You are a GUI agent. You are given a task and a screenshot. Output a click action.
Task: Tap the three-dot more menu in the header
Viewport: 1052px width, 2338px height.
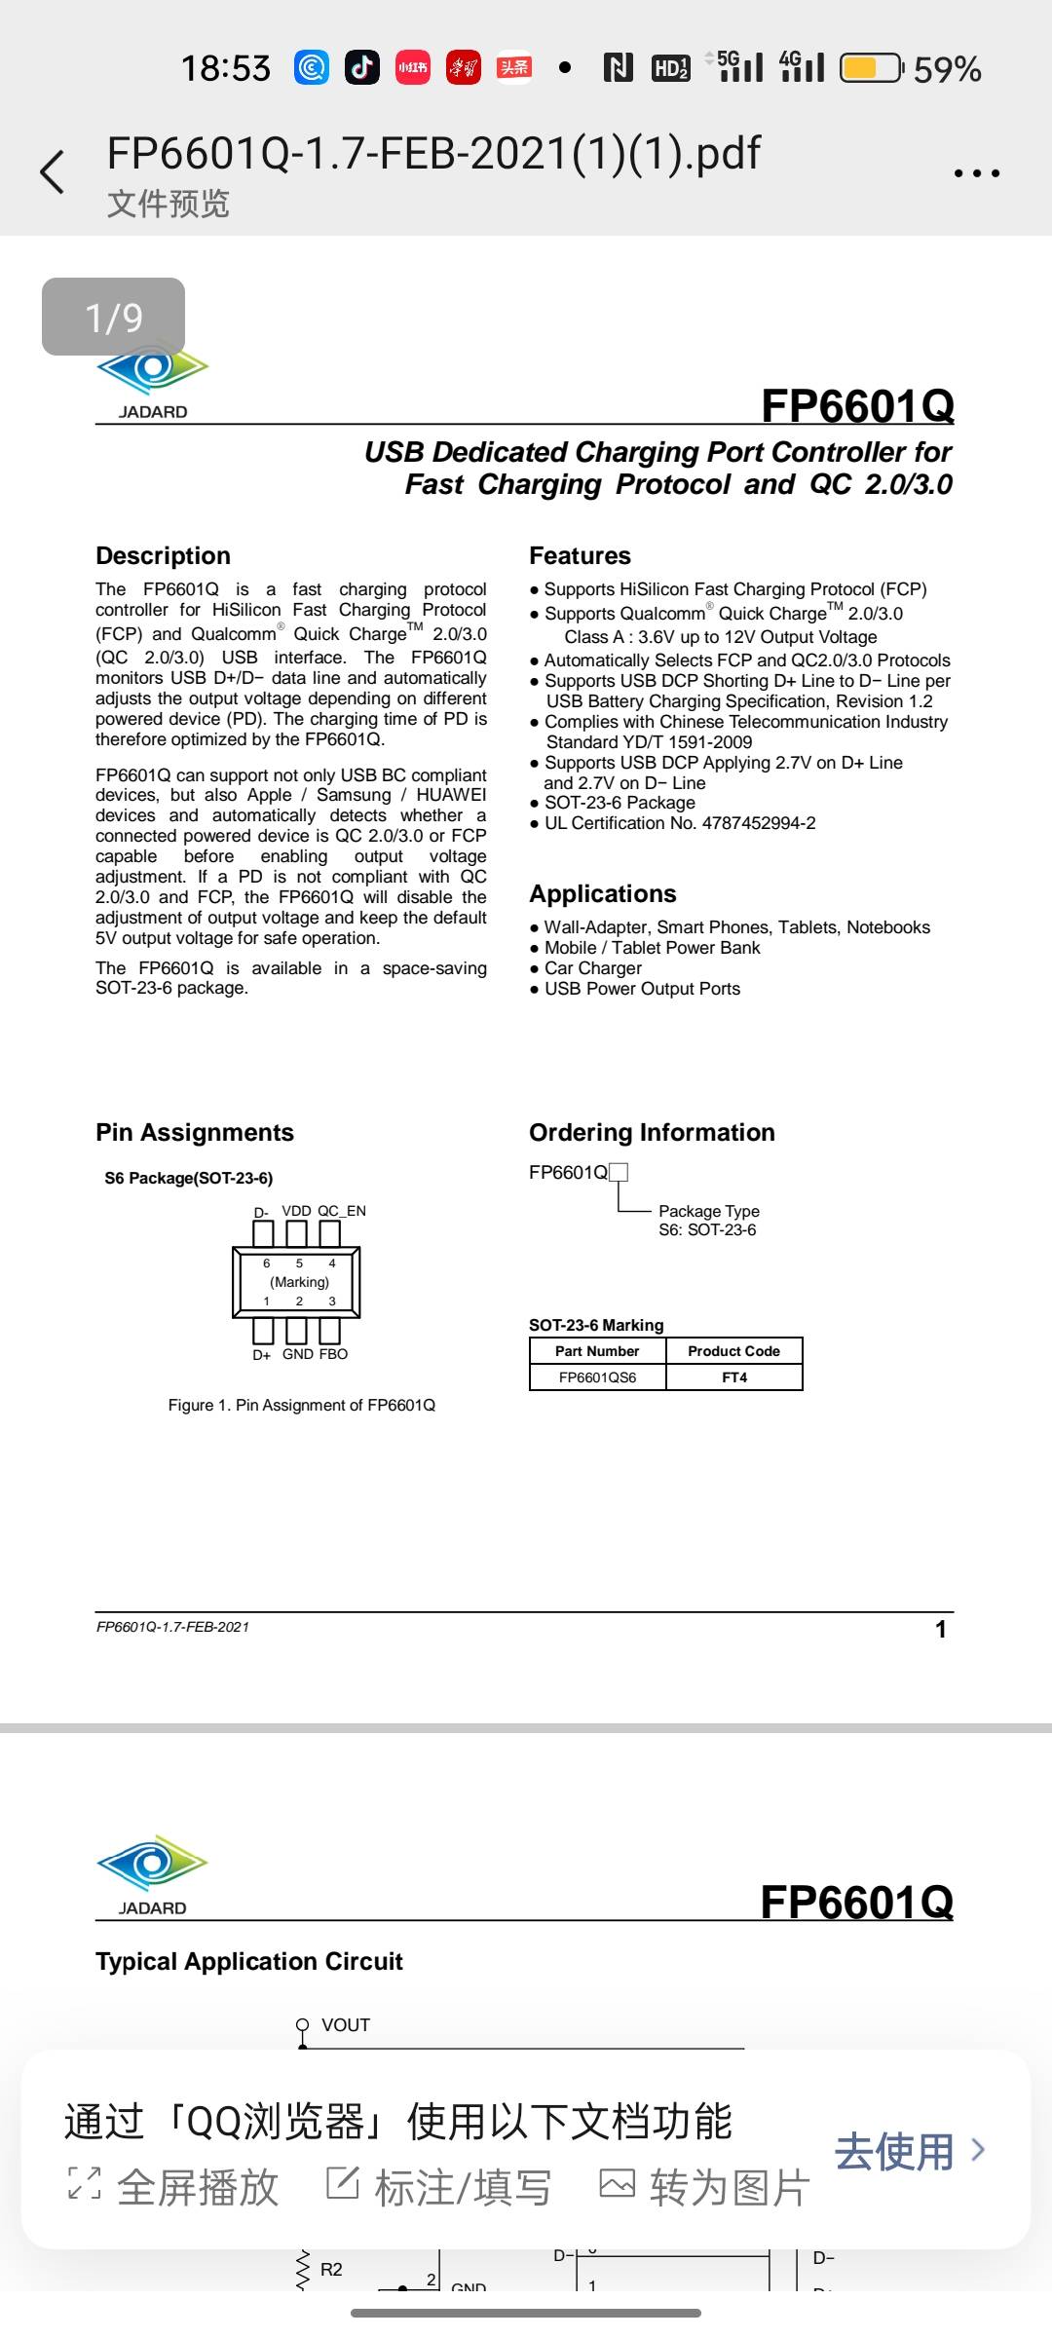click(976, 173)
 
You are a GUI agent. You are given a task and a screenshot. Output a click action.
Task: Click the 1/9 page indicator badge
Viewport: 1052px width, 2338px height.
click(113, 317)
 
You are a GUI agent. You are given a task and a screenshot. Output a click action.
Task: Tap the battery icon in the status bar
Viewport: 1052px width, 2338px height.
click(871, 68)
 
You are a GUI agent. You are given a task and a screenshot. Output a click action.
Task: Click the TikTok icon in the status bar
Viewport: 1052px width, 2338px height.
click(362, 67)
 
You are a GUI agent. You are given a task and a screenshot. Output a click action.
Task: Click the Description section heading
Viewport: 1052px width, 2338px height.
click(163, 555)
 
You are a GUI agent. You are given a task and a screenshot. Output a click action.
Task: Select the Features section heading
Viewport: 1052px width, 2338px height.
click(580, 555)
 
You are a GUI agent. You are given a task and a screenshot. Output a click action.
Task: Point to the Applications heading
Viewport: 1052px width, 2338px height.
click(602, 893)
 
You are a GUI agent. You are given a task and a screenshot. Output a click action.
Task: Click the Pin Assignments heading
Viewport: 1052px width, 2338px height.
click(194, 1132)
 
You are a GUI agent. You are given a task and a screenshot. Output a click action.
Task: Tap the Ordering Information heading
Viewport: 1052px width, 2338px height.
click(652, 1132)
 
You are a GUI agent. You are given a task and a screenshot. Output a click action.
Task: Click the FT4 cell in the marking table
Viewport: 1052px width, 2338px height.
click(734, 1377)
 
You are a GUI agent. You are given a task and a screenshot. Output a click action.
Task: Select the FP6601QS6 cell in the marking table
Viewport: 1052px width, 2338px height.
click(597, 1377)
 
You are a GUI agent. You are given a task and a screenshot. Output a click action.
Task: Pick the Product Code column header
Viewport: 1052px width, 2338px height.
click(733, 1351)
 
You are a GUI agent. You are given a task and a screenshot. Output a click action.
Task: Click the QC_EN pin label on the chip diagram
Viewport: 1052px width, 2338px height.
click(342, 1211)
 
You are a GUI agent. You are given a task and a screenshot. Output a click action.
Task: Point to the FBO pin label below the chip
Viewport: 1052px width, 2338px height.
click(333, 1354)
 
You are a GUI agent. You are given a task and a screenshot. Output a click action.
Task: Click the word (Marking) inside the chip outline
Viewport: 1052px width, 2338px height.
click(299, 1282)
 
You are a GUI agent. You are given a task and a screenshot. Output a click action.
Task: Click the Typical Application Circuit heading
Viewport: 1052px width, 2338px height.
click(248, 1961)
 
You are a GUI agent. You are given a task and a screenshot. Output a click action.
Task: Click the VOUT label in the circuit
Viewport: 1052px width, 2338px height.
click(346, 2025)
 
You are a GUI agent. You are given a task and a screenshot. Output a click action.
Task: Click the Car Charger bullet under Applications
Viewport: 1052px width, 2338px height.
click(592, 968)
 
